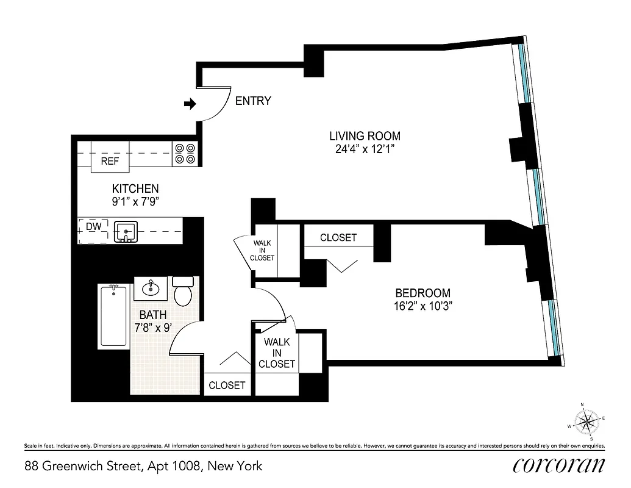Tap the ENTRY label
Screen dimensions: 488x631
[253, 101]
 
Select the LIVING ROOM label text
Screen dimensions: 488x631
[365, 136]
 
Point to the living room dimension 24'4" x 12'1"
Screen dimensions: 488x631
[365, 150]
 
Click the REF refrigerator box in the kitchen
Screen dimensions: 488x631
[110, 161]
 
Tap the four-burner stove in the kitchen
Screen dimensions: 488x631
[185, 153]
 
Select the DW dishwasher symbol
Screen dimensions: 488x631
[93, 227]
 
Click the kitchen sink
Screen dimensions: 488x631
[126, 231]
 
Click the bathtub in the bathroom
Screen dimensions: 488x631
[114, 316]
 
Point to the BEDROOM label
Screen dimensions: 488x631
[422, 293]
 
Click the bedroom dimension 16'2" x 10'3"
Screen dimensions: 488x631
[422, 306]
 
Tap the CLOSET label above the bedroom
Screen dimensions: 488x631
[338, 237]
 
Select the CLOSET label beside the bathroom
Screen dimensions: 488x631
[227, 385]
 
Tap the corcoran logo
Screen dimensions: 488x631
[559, 465]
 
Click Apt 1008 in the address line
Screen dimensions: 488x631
[174, 466]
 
